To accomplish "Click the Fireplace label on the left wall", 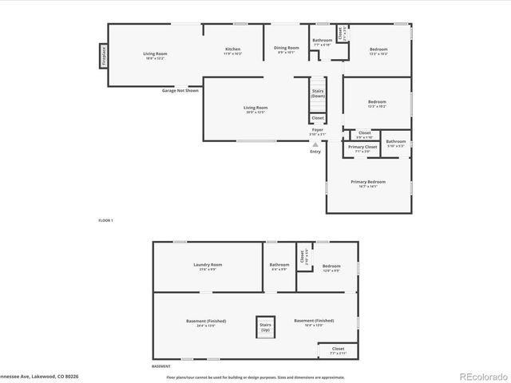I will click(103, 56).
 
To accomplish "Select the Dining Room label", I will click(287, 49).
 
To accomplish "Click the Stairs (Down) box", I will click(318, 93).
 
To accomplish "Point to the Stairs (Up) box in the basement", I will click(265, 327).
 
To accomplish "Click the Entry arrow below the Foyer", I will click(315, 145).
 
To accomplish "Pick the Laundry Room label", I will click(208, 267).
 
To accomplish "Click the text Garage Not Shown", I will click(180, 90).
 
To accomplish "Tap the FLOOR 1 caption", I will click(105, 220).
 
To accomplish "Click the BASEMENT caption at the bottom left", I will click(160, 366).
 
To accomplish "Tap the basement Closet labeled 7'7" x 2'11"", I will click(338, 350).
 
